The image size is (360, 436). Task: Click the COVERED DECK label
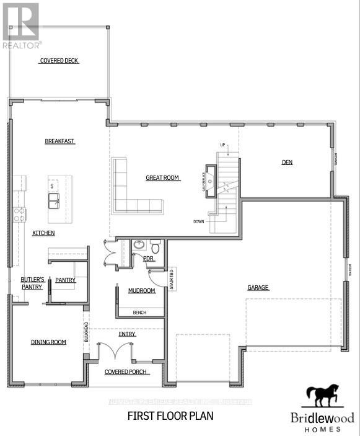(x=59, y=61)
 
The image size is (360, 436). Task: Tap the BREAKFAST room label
(x=59, y=141)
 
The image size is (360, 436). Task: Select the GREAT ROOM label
(x=162, y=178)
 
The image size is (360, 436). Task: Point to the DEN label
(x=287, y=162)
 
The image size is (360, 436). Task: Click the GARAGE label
(x=258, y=288)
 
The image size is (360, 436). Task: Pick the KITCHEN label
(x=43, y=233)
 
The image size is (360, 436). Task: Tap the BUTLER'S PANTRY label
(x=31, y=283)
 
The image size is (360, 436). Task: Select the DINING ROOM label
(x=48, y=342)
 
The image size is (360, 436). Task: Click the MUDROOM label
(x=141, y=290)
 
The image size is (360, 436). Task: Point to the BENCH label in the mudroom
(x=139, y=313)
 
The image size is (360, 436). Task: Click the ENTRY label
(x=127, y=334)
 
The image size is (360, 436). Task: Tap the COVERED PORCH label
(x=126, y=372)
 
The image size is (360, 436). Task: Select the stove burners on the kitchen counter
(x=20, y=215)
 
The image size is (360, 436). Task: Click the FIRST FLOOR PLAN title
(x=170, y=416)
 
